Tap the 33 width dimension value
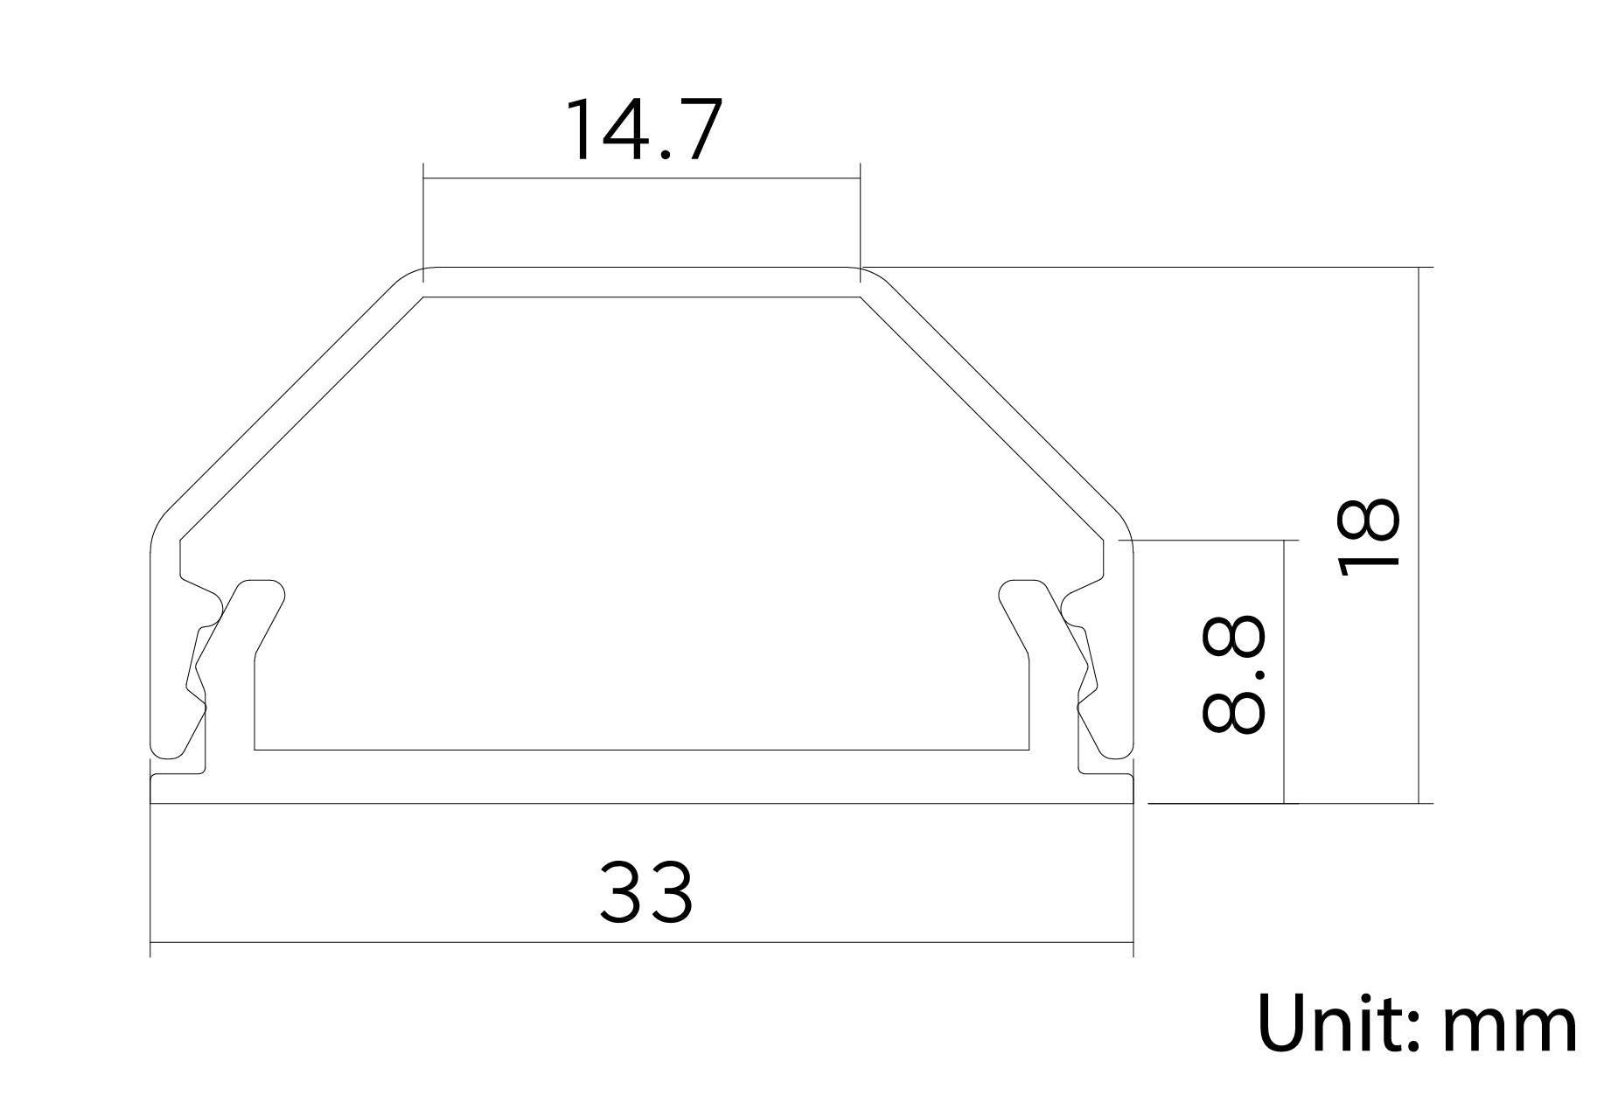(x=645, y=892)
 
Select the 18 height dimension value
(x=1370, y=537)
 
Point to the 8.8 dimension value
(x=1233, y=674)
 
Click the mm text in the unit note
(x=1510, y=1028)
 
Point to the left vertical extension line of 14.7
(x=423, y=219)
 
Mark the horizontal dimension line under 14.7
(x=642, y=179)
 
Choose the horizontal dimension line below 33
(x=642, y=943)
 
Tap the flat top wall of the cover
(x=642, y=282)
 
